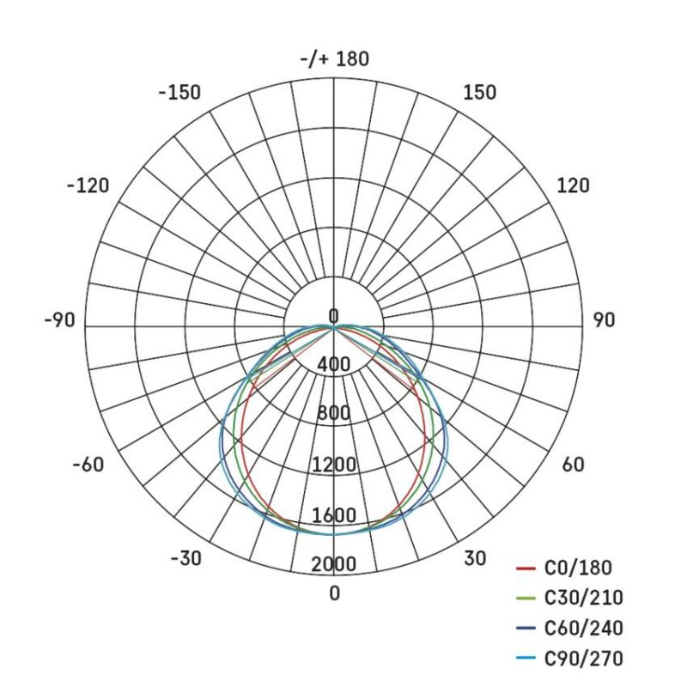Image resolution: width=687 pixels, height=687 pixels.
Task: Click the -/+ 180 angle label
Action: click(x=336, y=59)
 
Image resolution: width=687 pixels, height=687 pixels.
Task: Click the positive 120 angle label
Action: click(x=573, y=185)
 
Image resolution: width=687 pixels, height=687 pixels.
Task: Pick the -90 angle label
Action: click(x=59, y=320)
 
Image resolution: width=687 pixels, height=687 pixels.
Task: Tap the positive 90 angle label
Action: click(x=604, y=320)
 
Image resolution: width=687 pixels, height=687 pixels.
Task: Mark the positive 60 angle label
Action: click(x=573, y=465)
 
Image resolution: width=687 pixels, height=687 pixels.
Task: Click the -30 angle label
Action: click(x=185, y=558)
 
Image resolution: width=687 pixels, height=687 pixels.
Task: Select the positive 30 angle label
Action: click(x=475, y=558)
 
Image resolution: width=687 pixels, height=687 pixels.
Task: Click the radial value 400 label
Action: click(x=333, y=364)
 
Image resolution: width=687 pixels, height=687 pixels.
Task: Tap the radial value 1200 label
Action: click(x=334, y=466)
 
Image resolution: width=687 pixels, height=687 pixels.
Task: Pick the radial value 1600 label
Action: click(x=334, y=516)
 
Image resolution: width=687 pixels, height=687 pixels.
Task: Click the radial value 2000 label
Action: click(x=334, y=565)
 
